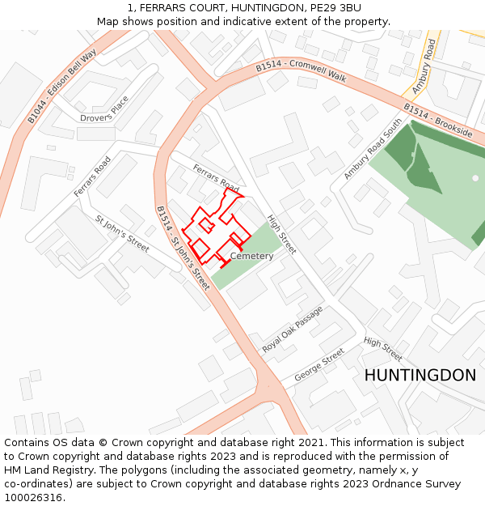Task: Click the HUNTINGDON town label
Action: point(420,376)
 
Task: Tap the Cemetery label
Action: point(251,257)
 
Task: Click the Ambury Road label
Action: point(424,68)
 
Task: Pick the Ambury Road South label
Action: point(373,150)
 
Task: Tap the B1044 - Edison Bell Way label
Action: point(61,85)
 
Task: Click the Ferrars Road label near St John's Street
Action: point(92,176)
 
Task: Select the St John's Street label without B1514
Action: point(122,233)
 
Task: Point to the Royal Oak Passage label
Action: point(292,330)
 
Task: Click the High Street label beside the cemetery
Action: point(282,234)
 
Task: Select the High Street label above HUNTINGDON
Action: point(382,349)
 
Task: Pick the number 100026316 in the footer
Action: point(34,498)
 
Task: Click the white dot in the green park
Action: point(475,177)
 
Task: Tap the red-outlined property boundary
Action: point(213,230)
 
